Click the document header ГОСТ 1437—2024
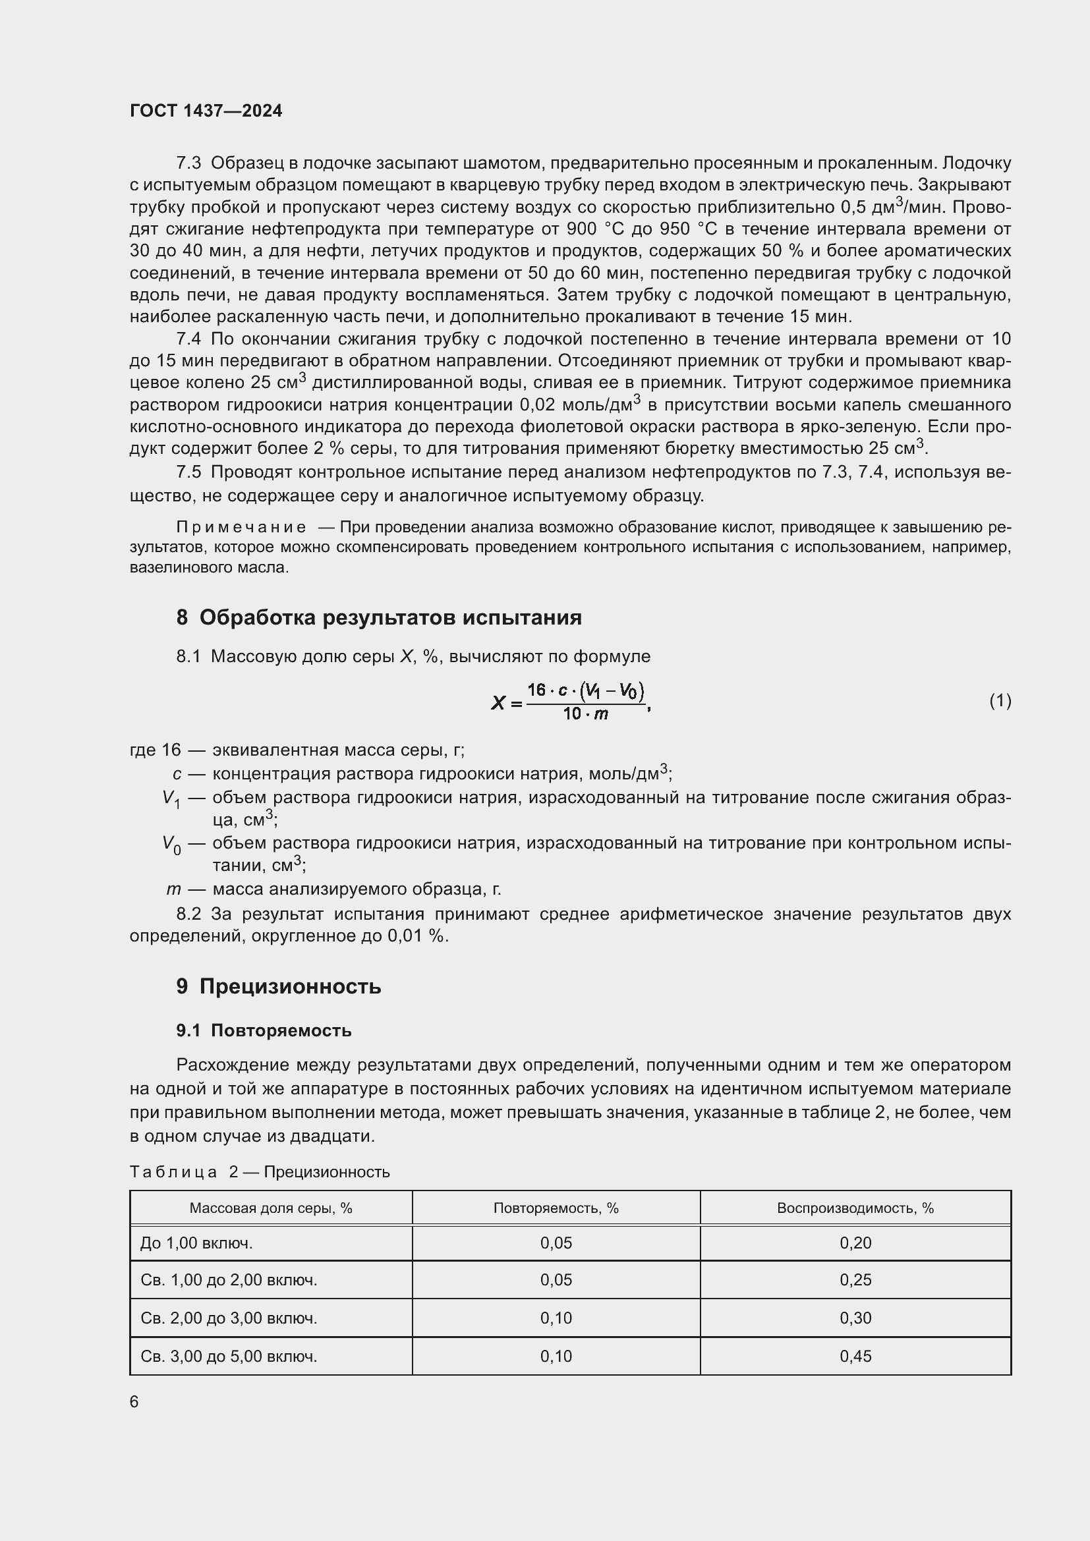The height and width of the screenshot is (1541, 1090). (x=206, y=111)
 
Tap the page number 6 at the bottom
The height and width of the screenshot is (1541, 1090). (x=134, y=1401)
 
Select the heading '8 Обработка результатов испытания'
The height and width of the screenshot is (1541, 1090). (x=378, y=617)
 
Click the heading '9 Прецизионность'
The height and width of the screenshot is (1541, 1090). (x=279, y=987)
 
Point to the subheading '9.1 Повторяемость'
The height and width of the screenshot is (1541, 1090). (x=264, y=1030)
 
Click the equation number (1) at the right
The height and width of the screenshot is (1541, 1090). (x=1000, y=701)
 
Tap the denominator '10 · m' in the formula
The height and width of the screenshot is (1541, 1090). (x=585, y=714)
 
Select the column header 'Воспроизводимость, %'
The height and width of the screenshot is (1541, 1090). (x=855, y=1208)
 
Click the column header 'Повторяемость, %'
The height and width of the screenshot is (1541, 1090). (x=556, y=1208)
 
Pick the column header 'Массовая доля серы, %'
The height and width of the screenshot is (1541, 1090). (x=270, y=1208)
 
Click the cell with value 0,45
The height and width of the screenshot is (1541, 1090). (x=855, y=1357)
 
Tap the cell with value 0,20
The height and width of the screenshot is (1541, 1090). (x=855, y=1243)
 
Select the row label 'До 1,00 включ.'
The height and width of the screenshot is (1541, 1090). (x=196, y=1243)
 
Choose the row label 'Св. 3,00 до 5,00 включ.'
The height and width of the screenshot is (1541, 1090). (x=229, y=1357)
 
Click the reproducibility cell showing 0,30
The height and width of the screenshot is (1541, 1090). (x=855, y=1318)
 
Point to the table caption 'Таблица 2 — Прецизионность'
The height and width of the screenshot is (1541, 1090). (x=260, y=1172)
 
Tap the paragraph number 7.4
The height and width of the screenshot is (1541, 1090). (x=188, y=339)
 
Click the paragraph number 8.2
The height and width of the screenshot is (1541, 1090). (x=188, y=914)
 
